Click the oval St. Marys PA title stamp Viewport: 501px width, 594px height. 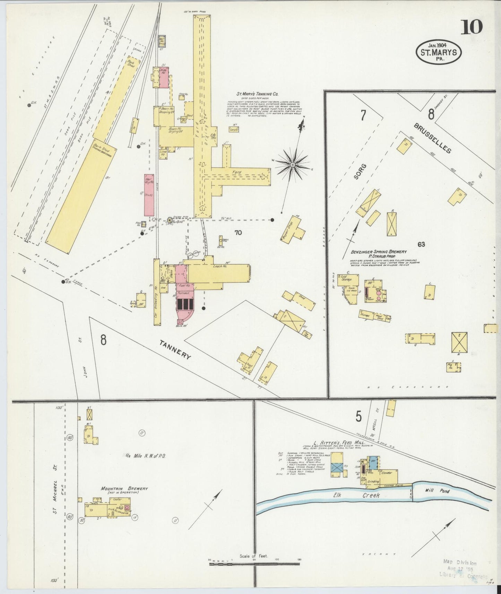439,52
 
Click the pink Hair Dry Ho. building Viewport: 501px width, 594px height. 149,195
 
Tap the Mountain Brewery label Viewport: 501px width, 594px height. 124,489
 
